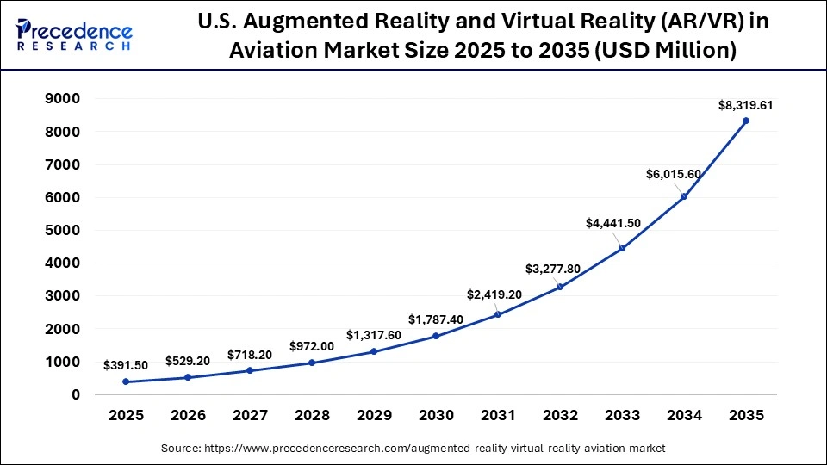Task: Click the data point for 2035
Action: [746, 121]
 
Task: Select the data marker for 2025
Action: [127, 381]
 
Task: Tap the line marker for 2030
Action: [436, 336]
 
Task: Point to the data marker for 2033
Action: [622, 248]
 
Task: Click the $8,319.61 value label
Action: [746, 106]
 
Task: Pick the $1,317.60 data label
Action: [374, 335]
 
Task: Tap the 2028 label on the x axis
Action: [312, 416]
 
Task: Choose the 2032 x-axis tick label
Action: [560, 416]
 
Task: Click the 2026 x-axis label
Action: [189, 416]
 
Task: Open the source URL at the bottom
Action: [413, 449]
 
